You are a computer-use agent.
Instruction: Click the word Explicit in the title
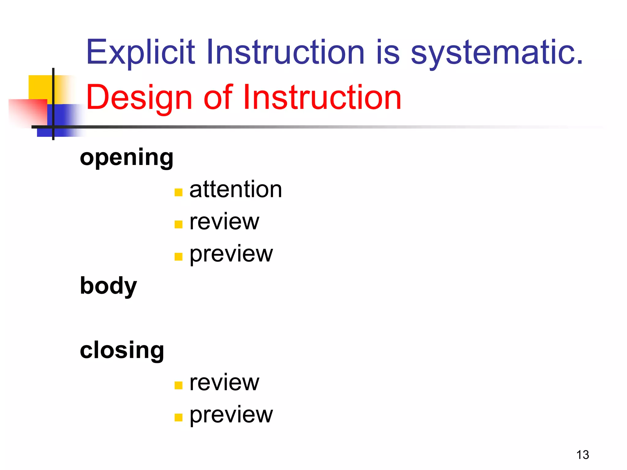(140, 53)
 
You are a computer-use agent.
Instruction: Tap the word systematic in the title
(496, 53)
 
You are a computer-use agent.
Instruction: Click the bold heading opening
(126, 158)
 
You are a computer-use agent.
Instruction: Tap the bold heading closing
(122, 351)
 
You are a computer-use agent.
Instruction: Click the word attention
(235, 189)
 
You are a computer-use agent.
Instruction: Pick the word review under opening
(224, 222)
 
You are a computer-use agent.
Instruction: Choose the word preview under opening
(231, 254)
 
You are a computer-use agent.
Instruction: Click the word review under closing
(224, 383)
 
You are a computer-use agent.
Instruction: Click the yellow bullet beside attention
(178, 192)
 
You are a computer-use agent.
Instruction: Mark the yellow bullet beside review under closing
(178, 385)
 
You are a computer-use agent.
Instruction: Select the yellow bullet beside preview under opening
(178, 256)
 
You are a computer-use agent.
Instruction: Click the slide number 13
(582, 455)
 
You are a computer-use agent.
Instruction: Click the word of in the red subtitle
(218, 97)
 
